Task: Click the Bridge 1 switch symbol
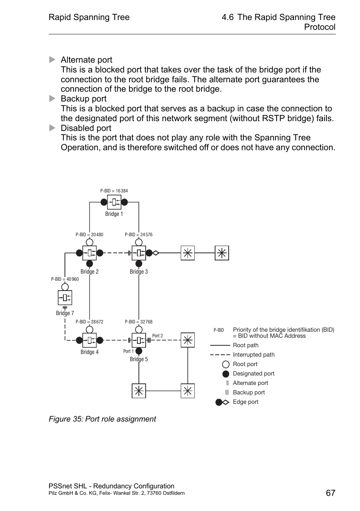(114, 202)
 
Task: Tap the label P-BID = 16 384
(114, 191)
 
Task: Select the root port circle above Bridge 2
(89, 242)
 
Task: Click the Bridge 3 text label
(138, 272)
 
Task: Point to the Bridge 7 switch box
(65, 298)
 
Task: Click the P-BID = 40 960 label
(65, 279)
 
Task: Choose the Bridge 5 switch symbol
(139, 340)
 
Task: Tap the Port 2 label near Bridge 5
(157, 336)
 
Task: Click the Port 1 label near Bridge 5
(128, 351)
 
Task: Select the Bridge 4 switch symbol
(89, 340)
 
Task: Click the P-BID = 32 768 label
(138, 322)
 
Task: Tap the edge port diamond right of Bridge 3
(155, 253)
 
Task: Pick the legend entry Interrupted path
(254, 355)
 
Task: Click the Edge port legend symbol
(222, 402)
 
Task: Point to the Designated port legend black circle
(226, 374)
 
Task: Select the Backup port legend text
(249, 392)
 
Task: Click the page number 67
(331, 493)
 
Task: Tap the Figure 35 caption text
(102, 419)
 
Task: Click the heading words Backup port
(83, 99)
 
